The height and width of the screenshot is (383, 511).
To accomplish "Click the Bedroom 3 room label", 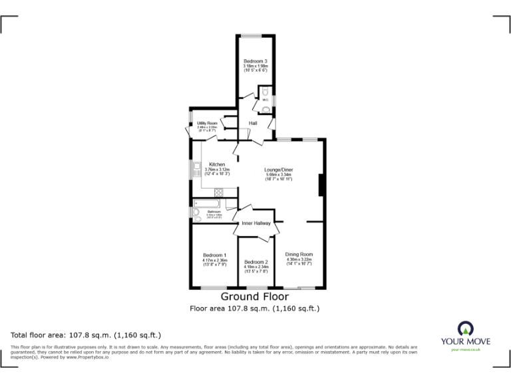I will [255, 62].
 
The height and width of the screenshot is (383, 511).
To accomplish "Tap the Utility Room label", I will [207, 123].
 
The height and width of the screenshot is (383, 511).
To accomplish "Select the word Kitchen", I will [217, 164].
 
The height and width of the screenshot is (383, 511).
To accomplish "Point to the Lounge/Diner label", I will [279, 170].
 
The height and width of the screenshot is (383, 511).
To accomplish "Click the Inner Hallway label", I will [256, 223].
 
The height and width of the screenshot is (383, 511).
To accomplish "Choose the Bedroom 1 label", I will [215, 255].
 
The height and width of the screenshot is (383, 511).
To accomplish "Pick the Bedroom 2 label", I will [256, 262].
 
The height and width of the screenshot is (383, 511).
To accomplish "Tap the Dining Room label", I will [299, 254].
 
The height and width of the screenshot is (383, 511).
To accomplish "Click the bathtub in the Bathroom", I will [208, 202].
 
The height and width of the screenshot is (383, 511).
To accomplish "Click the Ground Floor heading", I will [255, 297].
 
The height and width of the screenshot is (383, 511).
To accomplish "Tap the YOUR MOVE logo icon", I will [465, 328].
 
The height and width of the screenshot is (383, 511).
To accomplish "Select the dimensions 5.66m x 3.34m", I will [279, 175].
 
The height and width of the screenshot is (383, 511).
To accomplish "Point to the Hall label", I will [253, 123].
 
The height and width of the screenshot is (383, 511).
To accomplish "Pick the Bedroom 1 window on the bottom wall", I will [214, 288].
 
